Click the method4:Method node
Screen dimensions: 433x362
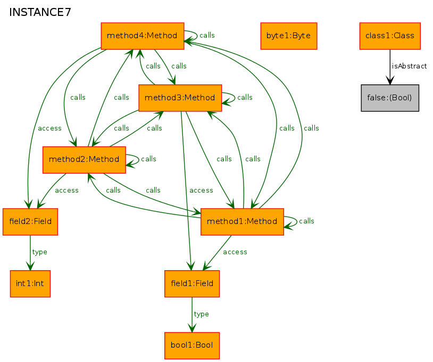tap(143, 36)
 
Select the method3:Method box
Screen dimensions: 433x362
tap(180, 98)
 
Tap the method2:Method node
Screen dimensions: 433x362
tap(84, 160)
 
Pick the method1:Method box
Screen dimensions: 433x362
tap(242, 222)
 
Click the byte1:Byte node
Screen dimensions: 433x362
tap(288, 36)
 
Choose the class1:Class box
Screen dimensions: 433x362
tap(390, 36)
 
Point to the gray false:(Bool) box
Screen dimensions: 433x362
tap(390, 98)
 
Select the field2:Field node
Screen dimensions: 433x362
tap(30, 222)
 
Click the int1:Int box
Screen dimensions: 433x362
tap(30, 284)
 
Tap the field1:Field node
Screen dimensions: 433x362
tap(192, 284)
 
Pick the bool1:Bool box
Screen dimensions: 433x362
tap(192, 346)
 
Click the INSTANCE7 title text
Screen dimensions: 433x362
tap(40, 12)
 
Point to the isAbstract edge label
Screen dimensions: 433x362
tap(409, 66)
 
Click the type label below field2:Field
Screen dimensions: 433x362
tap(39, 252)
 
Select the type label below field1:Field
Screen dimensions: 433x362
tap(201, 314)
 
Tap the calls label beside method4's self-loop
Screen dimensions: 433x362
tap(207, 35)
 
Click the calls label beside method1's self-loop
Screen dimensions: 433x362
tap(306, 221)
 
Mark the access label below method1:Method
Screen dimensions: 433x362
tap(235, 252)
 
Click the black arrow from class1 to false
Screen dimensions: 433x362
tap(390, 67)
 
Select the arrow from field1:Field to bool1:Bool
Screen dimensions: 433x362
tap(192, 315)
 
